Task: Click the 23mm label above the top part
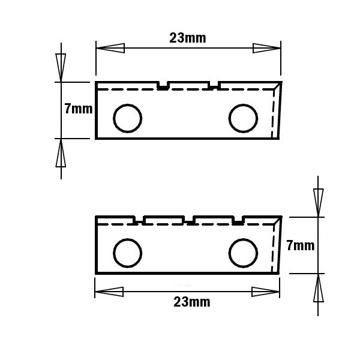[188, 38]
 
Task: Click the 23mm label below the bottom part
[192, 302]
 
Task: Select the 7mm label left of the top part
[79, 109]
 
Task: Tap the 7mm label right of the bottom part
[301, 245]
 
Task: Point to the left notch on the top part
[163, 85]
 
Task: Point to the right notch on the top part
[214, 85]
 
